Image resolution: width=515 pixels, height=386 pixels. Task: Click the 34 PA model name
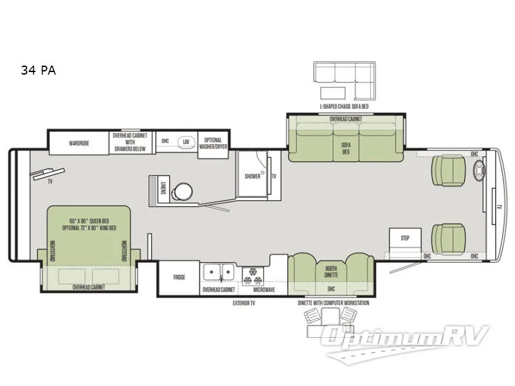(38, 71)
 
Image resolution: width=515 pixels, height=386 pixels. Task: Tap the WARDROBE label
(79, 143)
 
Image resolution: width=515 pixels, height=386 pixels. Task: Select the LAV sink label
(186, 141)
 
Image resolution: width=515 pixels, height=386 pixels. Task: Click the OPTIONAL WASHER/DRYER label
(212, 143)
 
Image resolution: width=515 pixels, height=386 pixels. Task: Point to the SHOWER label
(252, 176)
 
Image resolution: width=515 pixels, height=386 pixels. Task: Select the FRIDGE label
(179, 277)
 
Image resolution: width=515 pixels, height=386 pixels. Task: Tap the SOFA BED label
(346, 149)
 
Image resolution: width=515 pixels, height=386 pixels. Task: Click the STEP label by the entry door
(406, 237)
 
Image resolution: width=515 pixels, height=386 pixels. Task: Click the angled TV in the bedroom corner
(50, 172)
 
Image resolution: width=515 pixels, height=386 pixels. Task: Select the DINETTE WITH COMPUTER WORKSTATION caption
(333, 302)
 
